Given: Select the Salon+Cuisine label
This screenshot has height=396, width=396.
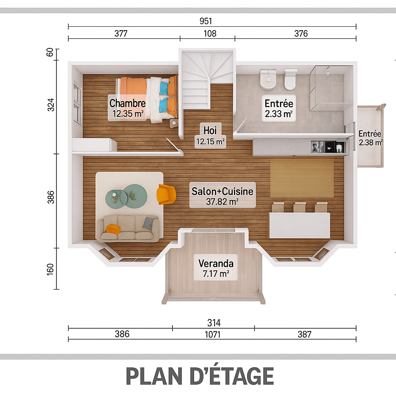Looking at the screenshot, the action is point(222,195).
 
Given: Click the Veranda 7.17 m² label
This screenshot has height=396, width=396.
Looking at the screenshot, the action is point(216,268).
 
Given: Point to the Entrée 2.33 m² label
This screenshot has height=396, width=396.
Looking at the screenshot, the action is point(279,108).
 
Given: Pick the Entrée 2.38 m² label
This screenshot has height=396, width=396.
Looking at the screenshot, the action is point(370,138).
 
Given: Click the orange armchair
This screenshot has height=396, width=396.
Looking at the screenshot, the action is point(166,194).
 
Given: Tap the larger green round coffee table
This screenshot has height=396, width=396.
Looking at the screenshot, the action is point(135,196).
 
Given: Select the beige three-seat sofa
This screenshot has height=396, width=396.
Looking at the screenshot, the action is point(128,227).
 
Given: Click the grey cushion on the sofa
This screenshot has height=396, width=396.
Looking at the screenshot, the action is point(148,223).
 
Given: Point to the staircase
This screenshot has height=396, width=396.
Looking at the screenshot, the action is point(208,80).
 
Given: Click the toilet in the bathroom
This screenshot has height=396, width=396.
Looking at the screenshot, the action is point(290,79).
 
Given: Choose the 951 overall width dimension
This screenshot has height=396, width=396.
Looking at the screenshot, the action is point(206,21).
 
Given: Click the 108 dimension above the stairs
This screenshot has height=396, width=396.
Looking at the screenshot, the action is point(210,34).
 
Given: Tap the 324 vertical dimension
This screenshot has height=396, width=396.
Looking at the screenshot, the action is point(51,104).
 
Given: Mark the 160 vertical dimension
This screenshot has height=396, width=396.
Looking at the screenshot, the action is point(51,269).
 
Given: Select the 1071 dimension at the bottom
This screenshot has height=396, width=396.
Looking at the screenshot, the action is point(213,335).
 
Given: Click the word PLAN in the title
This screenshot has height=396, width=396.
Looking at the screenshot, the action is point(154,376).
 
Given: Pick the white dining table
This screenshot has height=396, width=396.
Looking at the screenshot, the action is point(300,225).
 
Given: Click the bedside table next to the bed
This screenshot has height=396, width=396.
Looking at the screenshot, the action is point(174,123).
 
